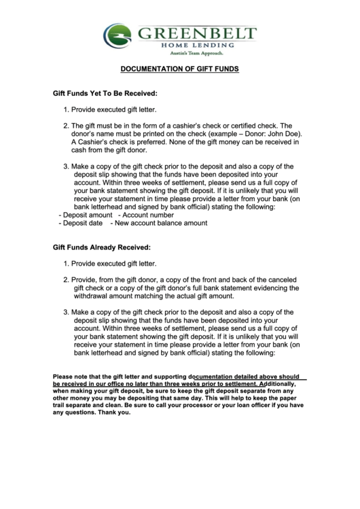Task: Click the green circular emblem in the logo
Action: [118, 35]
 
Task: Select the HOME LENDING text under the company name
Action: [197, 45]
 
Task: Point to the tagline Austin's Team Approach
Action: [196, 53]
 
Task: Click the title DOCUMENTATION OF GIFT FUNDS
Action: [180, 69]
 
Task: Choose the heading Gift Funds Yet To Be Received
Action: [105, 92]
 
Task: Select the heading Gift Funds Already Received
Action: [102, 247]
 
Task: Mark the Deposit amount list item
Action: [88, 215]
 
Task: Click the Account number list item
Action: [145, 215]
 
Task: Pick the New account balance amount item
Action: [161, 223]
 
